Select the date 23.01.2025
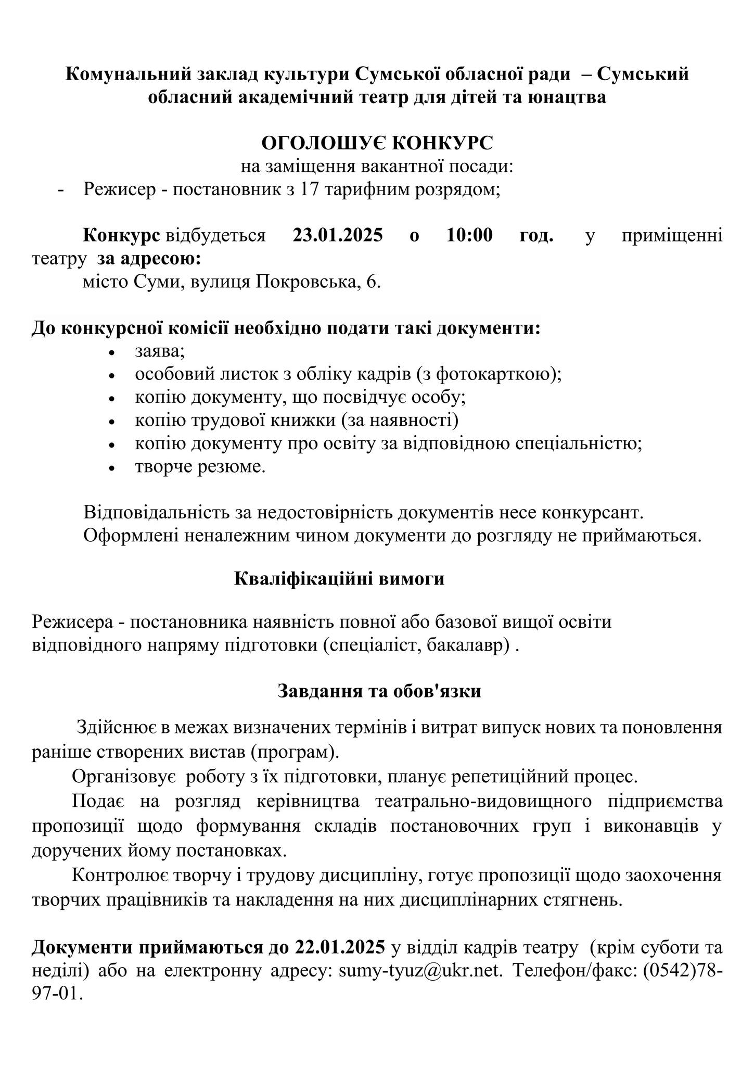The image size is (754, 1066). coord(338,235)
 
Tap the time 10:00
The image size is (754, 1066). coord(469,235)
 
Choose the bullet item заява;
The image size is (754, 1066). coord(160,351)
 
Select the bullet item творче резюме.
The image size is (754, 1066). coord(200,466)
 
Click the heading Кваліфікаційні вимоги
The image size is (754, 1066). coord(339,579)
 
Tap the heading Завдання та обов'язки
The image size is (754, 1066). coord(379,691)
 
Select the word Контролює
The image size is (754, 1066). coord(120,875)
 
